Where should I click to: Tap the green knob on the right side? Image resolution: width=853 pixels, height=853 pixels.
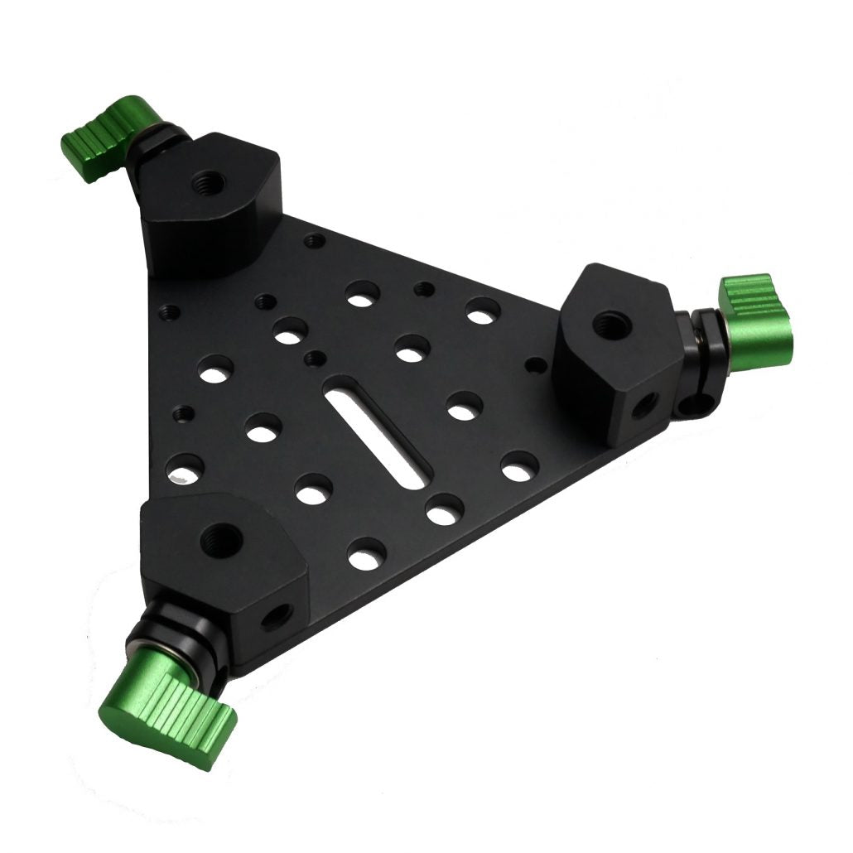pos(756,319)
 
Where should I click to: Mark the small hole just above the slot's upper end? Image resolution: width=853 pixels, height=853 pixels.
pos(314,359)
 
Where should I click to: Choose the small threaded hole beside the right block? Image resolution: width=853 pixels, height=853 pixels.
pos(537,364)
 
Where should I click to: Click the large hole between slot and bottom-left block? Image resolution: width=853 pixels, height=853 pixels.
pos(314,490)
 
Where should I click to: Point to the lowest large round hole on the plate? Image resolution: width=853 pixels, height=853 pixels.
pos(366,552)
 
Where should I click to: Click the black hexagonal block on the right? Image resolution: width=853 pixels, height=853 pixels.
pos(617,344)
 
